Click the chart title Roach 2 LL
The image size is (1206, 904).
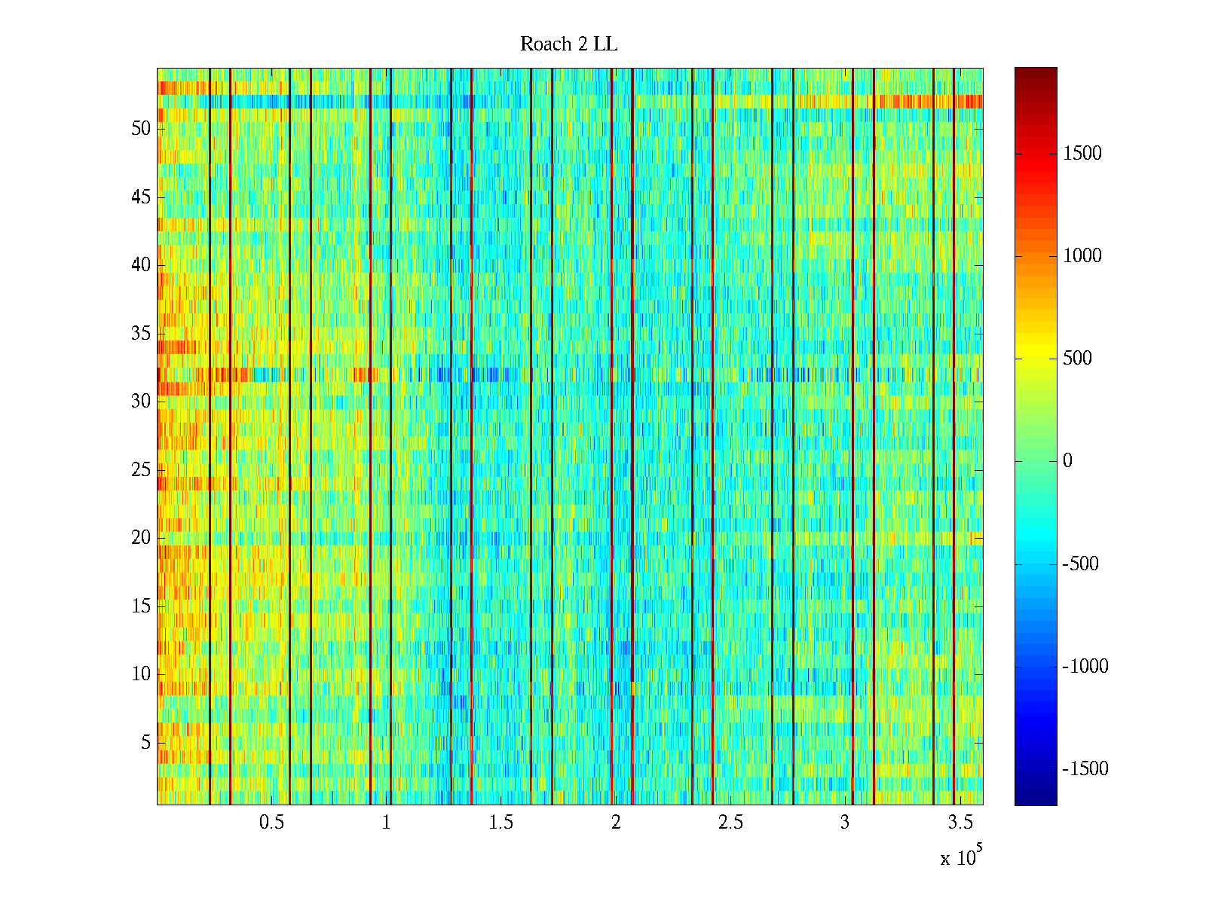tap(568, 44)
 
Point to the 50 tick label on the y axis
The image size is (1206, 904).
tap(141, 129)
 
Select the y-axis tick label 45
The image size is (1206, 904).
tap(141, 197)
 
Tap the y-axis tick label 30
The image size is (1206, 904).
tap(141, 402)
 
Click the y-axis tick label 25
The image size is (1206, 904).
tap(141, 470)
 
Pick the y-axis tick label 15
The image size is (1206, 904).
tap(141, 606)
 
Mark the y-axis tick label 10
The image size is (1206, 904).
tap(141, 674)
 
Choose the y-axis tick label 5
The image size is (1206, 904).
tap(145, 743)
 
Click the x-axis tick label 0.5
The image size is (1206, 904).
tap(271, 823)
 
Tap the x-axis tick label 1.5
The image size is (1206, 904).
tap(500, 823)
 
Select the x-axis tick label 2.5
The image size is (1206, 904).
tap(730, 823)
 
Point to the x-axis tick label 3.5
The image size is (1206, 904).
tap(960, 823)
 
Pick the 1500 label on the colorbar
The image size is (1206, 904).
tap(1082, 154)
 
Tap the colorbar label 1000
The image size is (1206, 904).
tap(1082, 256)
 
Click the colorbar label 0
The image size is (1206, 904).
tap(1067, 461)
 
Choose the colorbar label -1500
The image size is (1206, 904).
tap(1085, 768)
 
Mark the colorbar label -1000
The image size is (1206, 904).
tap(1085, 666)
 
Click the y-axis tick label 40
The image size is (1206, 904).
tap(141, 265)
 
